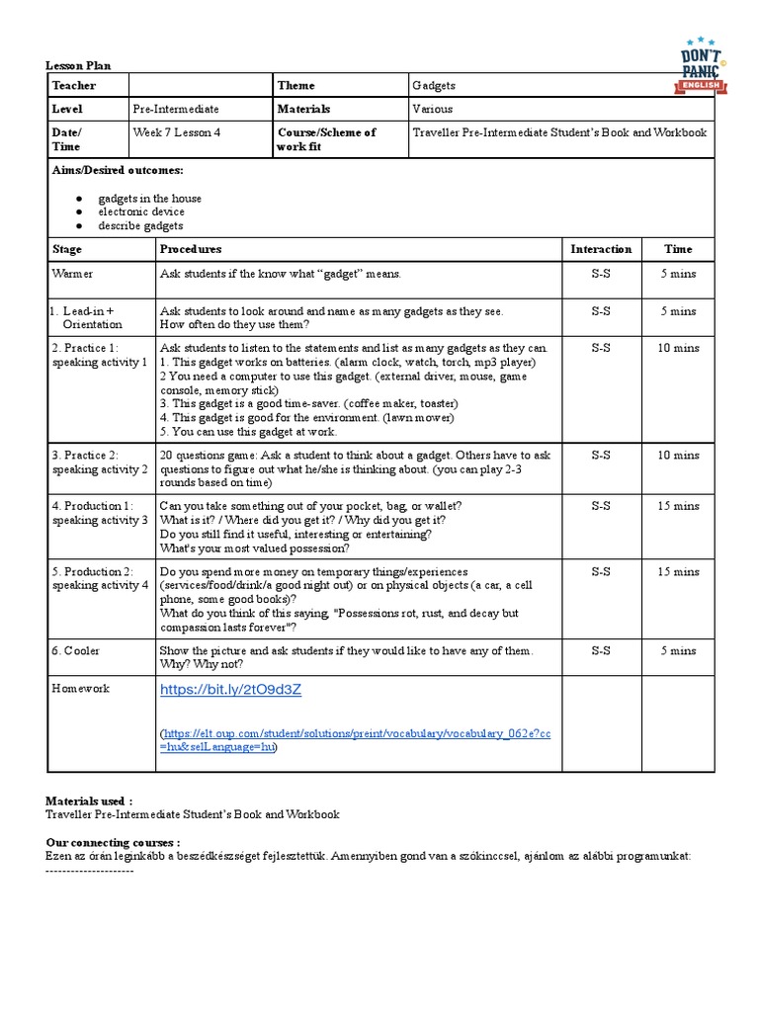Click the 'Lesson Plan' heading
[x=78, y=65]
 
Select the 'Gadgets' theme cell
[x=434, y=85]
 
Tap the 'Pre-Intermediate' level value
[x=175, y=109]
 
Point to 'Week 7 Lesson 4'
[x=177, y=131]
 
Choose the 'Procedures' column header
[x=191, y=249]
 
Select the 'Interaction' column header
[x=601, y=249]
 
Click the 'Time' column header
[x=678, y=249]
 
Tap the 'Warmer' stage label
[x=72, y=273]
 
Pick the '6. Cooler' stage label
[x=75, y=650]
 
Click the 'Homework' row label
[x=81, y=688]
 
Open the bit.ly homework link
[x=230, y=690]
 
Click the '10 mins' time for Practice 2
[x=678, y=456]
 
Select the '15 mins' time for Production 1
[x=678, y=506]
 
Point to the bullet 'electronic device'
[x=140, y=211]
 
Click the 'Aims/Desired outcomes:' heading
[x=118, y=170]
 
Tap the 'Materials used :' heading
[x=89, y=801]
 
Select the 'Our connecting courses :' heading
[x=113, y=842]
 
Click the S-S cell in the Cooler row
[x=601, y=650]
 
